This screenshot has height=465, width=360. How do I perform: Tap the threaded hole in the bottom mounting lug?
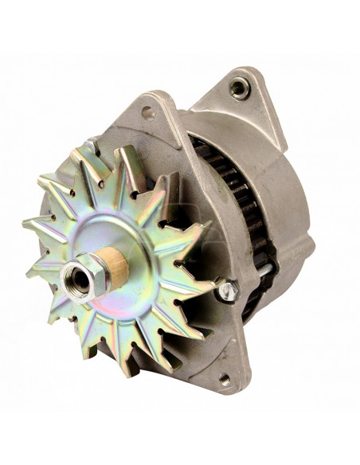pyautogui.click(x=224, y=379)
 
